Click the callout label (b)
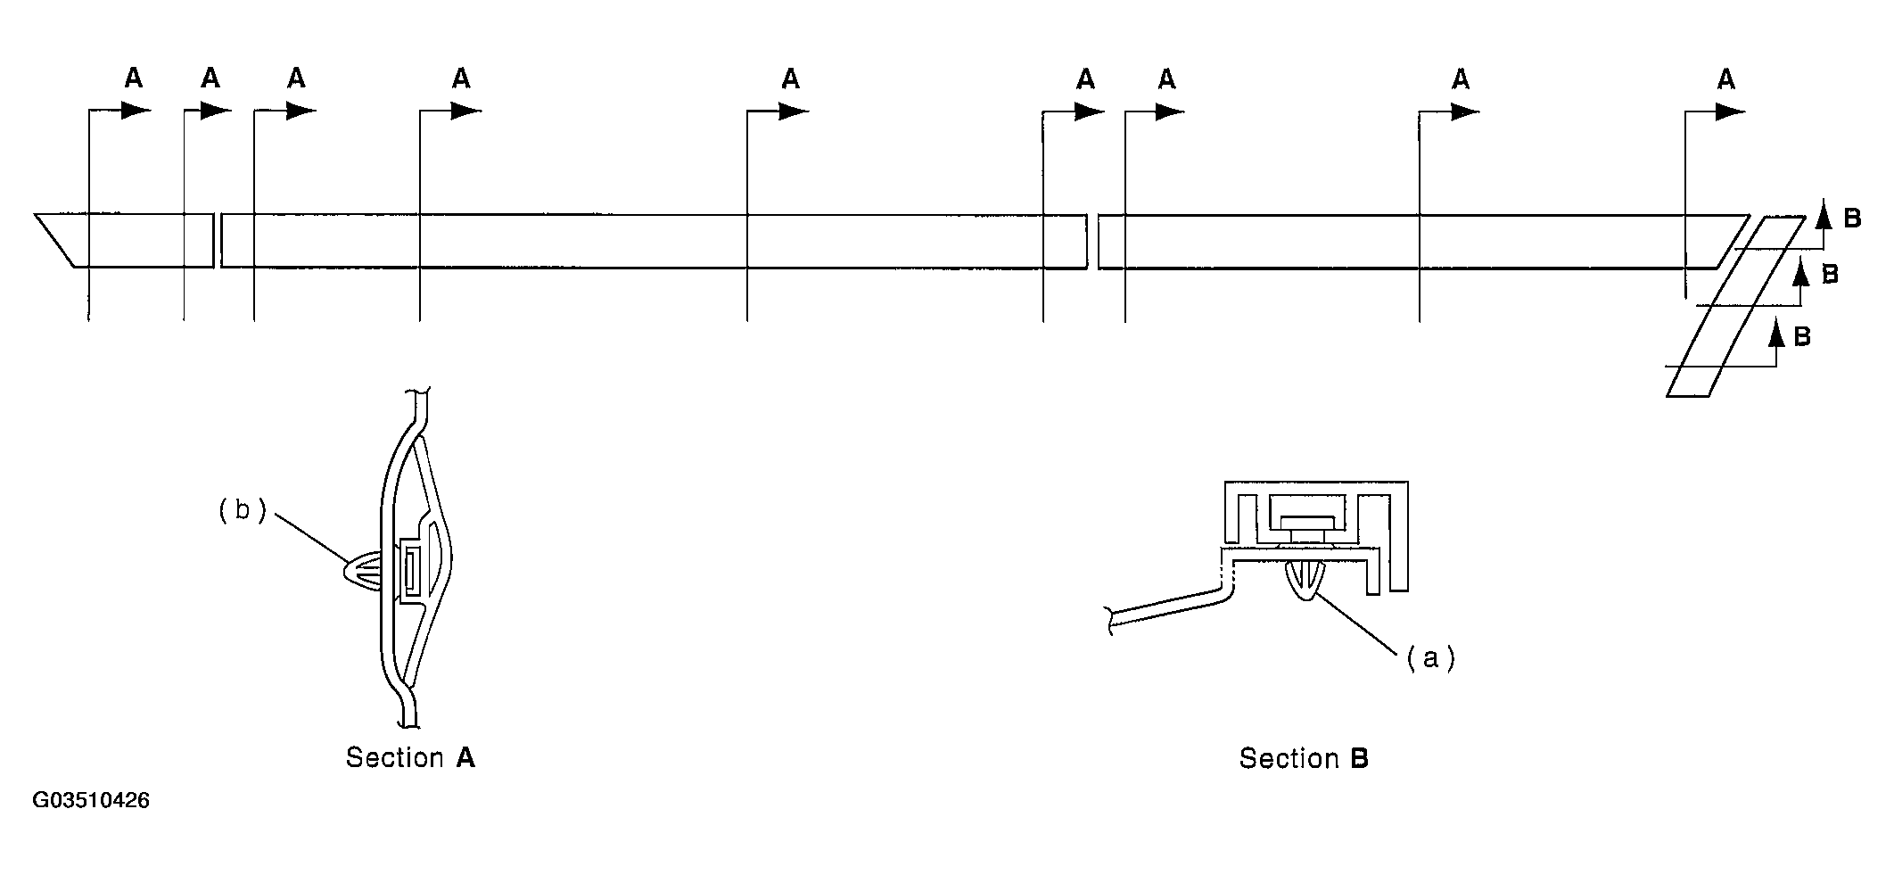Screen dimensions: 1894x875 point(243,511)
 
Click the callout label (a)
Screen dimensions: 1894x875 point(1430,658)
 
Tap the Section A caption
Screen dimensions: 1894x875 point(410,758)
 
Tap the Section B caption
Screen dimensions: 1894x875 point(1304,759)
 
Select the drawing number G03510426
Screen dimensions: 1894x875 point(91,800)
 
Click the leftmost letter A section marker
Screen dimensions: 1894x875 point(133,79)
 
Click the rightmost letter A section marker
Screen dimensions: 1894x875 point(1726,80)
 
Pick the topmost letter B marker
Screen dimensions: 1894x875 point(1852,219)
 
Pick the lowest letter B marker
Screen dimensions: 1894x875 point(1802,336)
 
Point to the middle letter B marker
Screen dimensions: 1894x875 point(1829,274)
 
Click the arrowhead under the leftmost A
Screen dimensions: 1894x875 point(136,111)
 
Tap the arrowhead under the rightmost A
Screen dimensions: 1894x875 point(1730,111)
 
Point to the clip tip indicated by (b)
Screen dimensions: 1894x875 point(346,572)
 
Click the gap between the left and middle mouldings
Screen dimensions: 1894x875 point(218,240)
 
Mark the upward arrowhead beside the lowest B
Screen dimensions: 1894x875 point(1776,333)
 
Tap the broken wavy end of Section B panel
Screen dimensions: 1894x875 point(1108,622)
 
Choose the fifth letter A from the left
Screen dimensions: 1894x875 point(790,79)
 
